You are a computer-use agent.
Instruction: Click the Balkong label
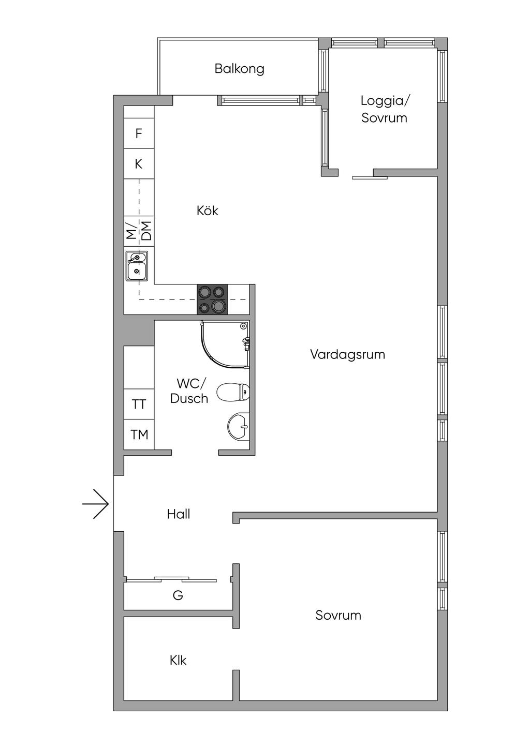pos(239,69)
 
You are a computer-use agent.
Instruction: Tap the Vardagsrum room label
pos(347,354)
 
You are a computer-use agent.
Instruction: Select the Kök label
pos(207,211)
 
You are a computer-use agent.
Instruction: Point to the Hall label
pos(179,514)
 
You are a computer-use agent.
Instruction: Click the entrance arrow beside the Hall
pos(96,504)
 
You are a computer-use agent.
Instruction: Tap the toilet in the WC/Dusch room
pos(233,392)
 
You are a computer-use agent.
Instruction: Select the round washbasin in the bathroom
pos(238,427)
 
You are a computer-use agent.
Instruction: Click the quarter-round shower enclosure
pos(225,344)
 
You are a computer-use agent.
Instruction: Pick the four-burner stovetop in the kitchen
pos(212,299)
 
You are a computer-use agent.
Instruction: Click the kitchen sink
pos(137,266)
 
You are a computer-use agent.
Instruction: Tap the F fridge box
pos(139,133)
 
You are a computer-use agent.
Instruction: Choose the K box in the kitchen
pos(139,164)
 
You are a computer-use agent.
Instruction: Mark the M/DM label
pos(139,231)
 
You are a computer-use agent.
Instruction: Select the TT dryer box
pos(139,404)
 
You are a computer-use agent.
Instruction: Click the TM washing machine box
pos(139,435)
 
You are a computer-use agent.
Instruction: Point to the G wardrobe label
pos(178,595)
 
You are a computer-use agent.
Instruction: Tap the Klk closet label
pos(178,661)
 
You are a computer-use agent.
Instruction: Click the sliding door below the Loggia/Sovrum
pos(370,178)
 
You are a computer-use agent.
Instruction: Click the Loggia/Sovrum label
pos(384,109)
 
